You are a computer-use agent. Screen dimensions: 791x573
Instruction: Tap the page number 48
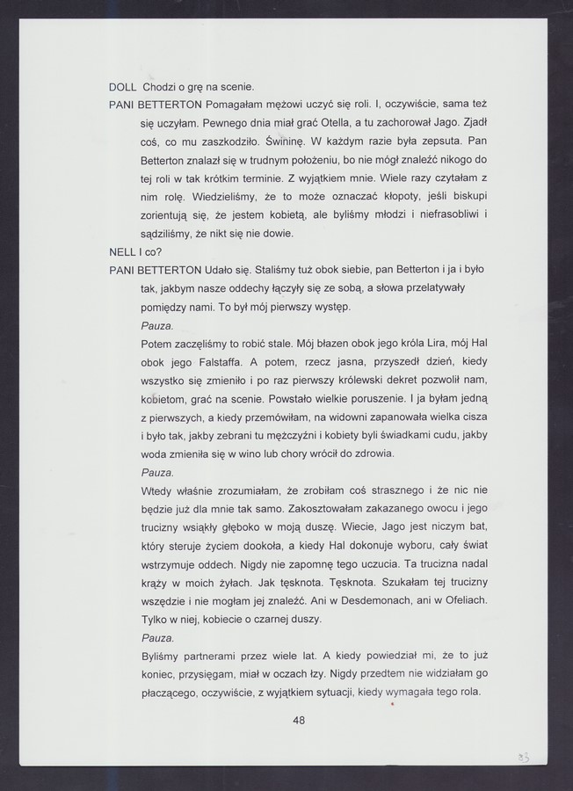click(298, 721)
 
